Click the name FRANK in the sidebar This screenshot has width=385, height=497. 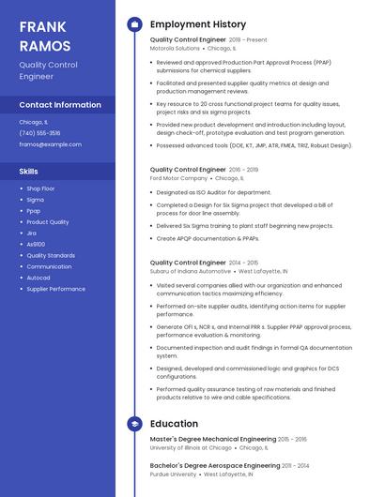41,26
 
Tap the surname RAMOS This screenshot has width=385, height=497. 45,46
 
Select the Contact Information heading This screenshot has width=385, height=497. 60,105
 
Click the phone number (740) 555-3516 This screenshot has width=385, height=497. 39,133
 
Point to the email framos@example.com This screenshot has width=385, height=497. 50,144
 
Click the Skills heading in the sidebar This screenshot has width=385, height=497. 29,172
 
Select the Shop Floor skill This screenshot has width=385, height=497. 40,188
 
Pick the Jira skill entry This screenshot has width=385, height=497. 32,233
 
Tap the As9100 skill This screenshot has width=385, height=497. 36,244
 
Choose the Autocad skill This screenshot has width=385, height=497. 38,278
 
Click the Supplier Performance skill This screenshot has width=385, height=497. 55,289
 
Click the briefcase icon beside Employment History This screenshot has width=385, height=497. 134,23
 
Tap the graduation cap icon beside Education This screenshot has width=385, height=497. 134,424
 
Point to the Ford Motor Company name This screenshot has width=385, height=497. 178,177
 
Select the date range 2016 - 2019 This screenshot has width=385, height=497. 243,170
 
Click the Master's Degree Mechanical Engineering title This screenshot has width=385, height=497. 212,439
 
